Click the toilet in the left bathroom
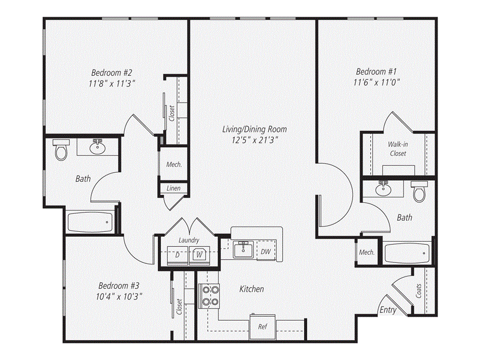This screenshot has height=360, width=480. (61, 150)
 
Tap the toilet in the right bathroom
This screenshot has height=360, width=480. (419, 191)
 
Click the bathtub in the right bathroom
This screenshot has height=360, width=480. (407, 253)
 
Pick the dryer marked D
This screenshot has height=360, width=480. (177, 254)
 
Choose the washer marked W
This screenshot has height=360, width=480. (199, 254)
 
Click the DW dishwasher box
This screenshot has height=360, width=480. (265, 251)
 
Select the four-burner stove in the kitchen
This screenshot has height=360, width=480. (209, 296)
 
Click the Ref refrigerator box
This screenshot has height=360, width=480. (262, 326)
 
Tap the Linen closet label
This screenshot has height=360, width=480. (173, 189)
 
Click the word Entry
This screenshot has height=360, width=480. (388, 310)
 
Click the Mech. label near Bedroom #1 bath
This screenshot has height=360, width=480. (366, 252)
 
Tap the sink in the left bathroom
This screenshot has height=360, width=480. (97, 147)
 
